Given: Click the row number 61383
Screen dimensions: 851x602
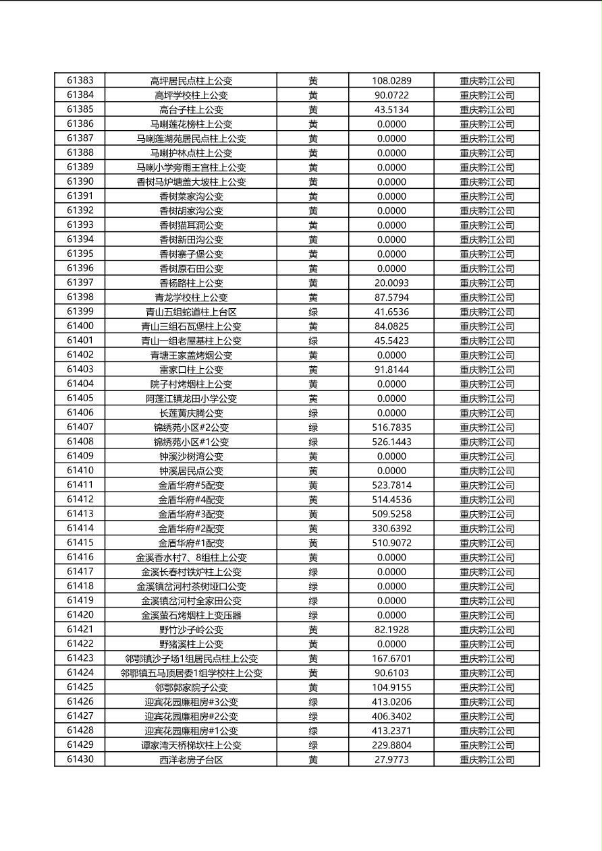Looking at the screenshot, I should click(80, 80).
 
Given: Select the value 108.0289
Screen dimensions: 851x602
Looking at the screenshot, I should click(391, 80).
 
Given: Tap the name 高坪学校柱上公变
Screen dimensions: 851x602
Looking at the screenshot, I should click(191, 95).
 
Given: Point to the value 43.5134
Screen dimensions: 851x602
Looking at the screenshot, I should click(391, 109).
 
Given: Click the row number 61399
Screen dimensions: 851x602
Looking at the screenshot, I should click(80, 312).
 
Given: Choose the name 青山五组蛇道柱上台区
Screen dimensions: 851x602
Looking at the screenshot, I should click(191, 312).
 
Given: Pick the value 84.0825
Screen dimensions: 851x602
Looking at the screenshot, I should click(391, 326).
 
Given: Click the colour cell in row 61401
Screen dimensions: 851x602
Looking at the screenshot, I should click(313, 341).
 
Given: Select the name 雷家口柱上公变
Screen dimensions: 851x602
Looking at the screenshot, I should click(191, 370).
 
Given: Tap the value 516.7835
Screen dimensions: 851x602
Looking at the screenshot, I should click(391, 428).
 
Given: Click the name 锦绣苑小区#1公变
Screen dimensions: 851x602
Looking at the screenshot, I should click(191, 442).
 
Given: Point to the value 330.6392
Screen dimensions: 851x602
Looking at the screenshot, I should click(391, 529).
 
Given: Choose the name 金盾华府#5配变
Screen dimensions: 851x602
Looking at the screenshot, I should click(191, 486).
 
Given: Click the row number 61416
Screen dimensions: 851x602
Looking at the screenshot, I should click(80, 558).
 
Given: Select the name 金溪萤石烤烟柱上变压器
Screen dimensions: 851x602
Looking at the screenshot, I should click(191, 616).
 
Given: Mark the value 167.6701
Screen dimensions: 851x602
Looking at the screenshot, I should click(391, 659).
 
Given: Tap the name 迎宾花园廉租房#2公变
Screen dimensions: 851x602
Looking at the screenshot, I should click(191, 717).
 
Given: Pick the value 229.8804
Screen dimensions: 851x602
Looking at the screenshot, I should click(391, 745).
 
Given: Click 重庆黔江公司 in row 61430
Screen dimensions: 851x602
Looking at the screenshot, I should click(487, 760).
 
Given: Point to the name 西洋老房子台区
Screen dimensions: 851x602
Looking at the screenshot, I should click(191, 760).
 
